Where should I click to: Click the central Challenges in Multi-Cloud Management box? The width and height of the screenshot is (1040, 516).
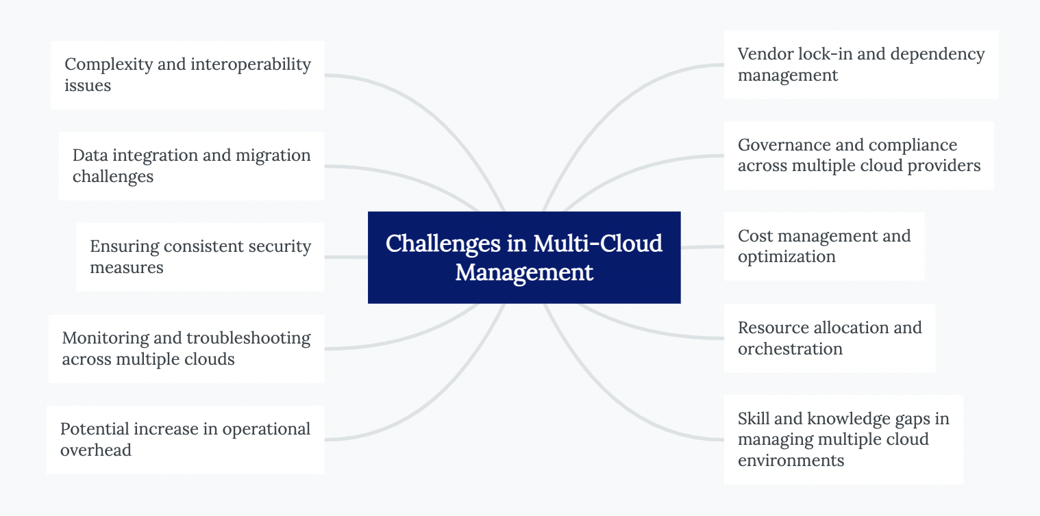point(524,257)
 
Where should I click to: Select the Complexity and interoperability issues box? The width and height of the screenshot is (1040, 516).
point(187,75)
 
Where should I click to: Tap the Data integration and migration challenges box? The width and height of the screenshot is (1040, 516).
point(191,166)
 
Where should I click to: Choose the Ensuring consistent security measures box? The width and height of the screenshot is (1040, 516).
point(200,257)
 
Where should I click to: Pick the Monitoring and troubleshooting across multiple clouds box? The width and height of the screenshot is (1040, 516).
point(186,348)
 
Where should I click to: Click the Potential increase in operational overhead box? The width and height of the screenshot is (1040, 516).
point(185,439)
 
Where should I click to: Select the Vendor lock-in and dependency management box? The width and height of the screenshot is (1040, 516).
point(861,64)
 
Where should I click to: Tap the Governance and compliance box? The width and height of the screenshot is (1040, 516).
point(858,155)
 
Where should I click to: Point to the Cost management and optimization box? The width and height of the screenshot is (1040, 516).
point(824,246)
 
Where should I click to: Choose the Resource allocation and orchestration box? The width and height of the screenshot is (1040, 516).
point(829,338)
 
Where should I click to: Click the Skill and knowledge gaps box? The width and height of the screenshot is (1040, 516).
point(843,439)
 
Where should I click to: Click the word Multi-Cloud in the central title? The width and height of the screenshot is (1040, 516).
point(597,244)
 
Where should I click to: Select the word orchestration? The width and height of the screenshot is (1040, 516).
point(790,349)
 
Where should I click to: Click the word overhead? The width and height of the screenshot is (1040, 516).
point(96,450)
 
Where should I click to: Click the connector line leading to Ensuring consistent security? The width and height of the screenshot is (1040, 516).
point(346,257)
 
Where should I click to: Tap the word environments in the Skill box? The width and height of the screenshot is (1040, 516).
point(791,461)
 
